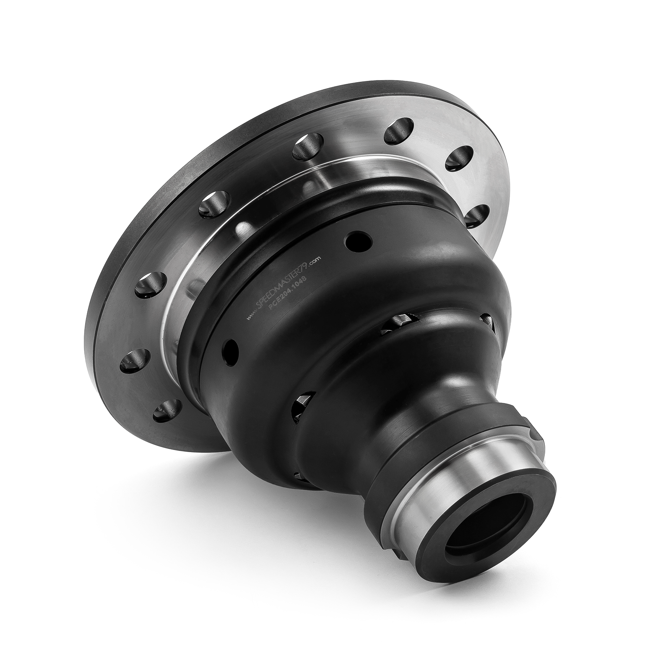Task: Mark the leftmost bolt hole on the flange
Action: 135,360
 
